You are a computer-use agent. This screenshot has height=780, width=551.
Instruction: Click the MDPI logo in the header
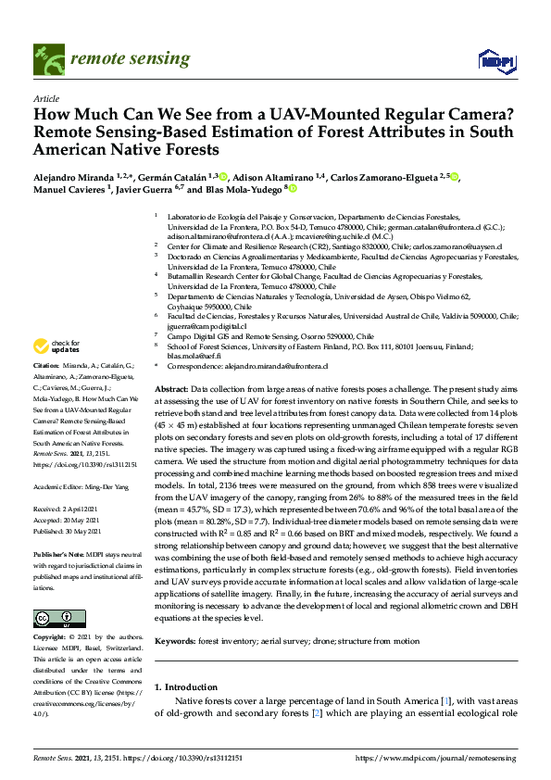496,61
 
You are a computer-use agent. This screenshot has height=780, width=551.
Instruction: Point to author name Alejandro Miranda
72,175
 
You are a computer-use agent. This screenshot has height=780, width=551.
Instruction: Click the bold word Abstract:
172,390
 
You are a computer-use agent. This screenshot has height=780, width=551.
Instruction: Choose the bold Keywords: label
177,641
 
